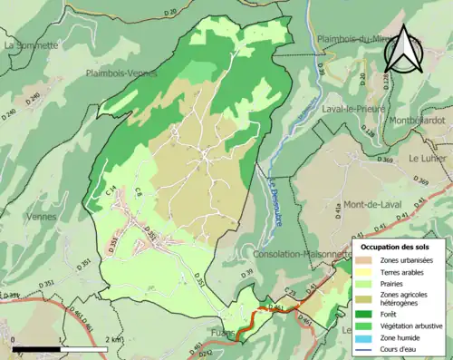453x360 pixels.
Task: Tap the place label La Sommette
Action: tap(31, 44)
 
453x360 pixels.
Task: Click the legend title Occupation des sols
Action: tap(396, 246)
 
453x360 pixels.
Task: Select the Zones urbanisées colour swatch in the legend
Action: tap(368, 260)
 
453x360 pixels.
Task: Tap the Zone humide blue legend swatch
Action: tap(368, 336)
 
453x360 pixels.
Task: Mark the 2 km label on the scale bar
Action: tap(112, 339)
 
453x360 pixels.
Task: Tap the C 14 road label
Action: tap(113, 191)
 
